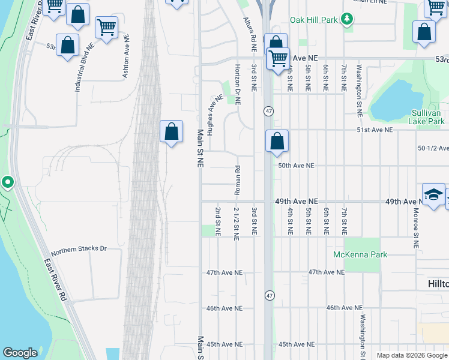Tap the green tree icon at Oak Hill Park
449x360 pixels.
coord(346,20)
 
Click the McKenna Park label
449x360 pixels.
coord(360,254)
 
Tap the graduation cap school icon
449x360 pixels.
coord(433,194)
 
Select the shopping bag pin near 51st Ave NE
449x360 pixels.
coord(277,141)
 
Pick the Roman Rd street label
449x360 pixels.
coord(237,180)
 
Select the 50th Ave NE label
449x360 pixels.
coord(296,165)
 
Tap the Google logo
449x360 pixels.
coord(20,353)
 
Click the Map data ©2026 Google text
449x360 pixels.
coord(411,355)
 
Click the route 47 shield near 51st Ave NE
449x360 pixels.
coord(268,111)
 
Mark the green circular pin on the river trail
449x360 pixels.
coord(7,181)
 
